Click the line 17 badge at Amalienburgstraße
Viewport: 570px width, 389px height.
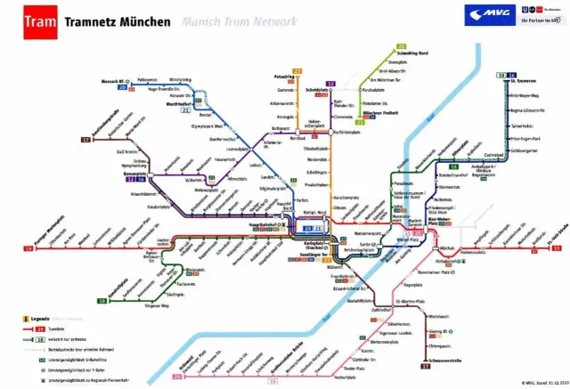[86, 140]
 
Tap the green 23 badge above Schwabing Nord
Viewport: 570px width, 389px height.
[402, 45]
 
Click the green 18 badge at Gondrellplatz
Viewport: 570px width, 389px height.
[102, 301]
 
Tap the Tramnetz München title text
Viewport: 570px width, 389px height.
[117, 19]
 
